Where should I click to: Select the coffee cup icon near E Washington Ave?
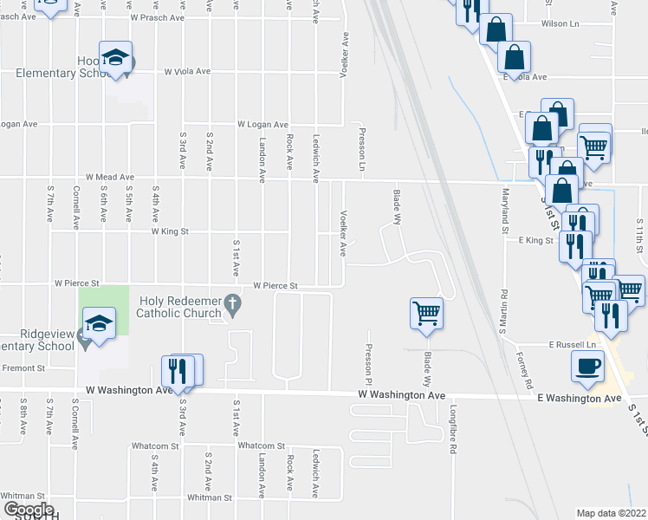[x=587, y=367]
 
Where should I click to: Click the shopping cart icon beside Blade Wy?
[x=426, y=313]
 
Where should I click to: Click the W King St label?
[x=170, y=232]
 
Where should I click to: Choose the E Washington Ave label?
[x=580, y=399]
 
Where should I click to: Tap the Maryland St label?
[x=504, y=212]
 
